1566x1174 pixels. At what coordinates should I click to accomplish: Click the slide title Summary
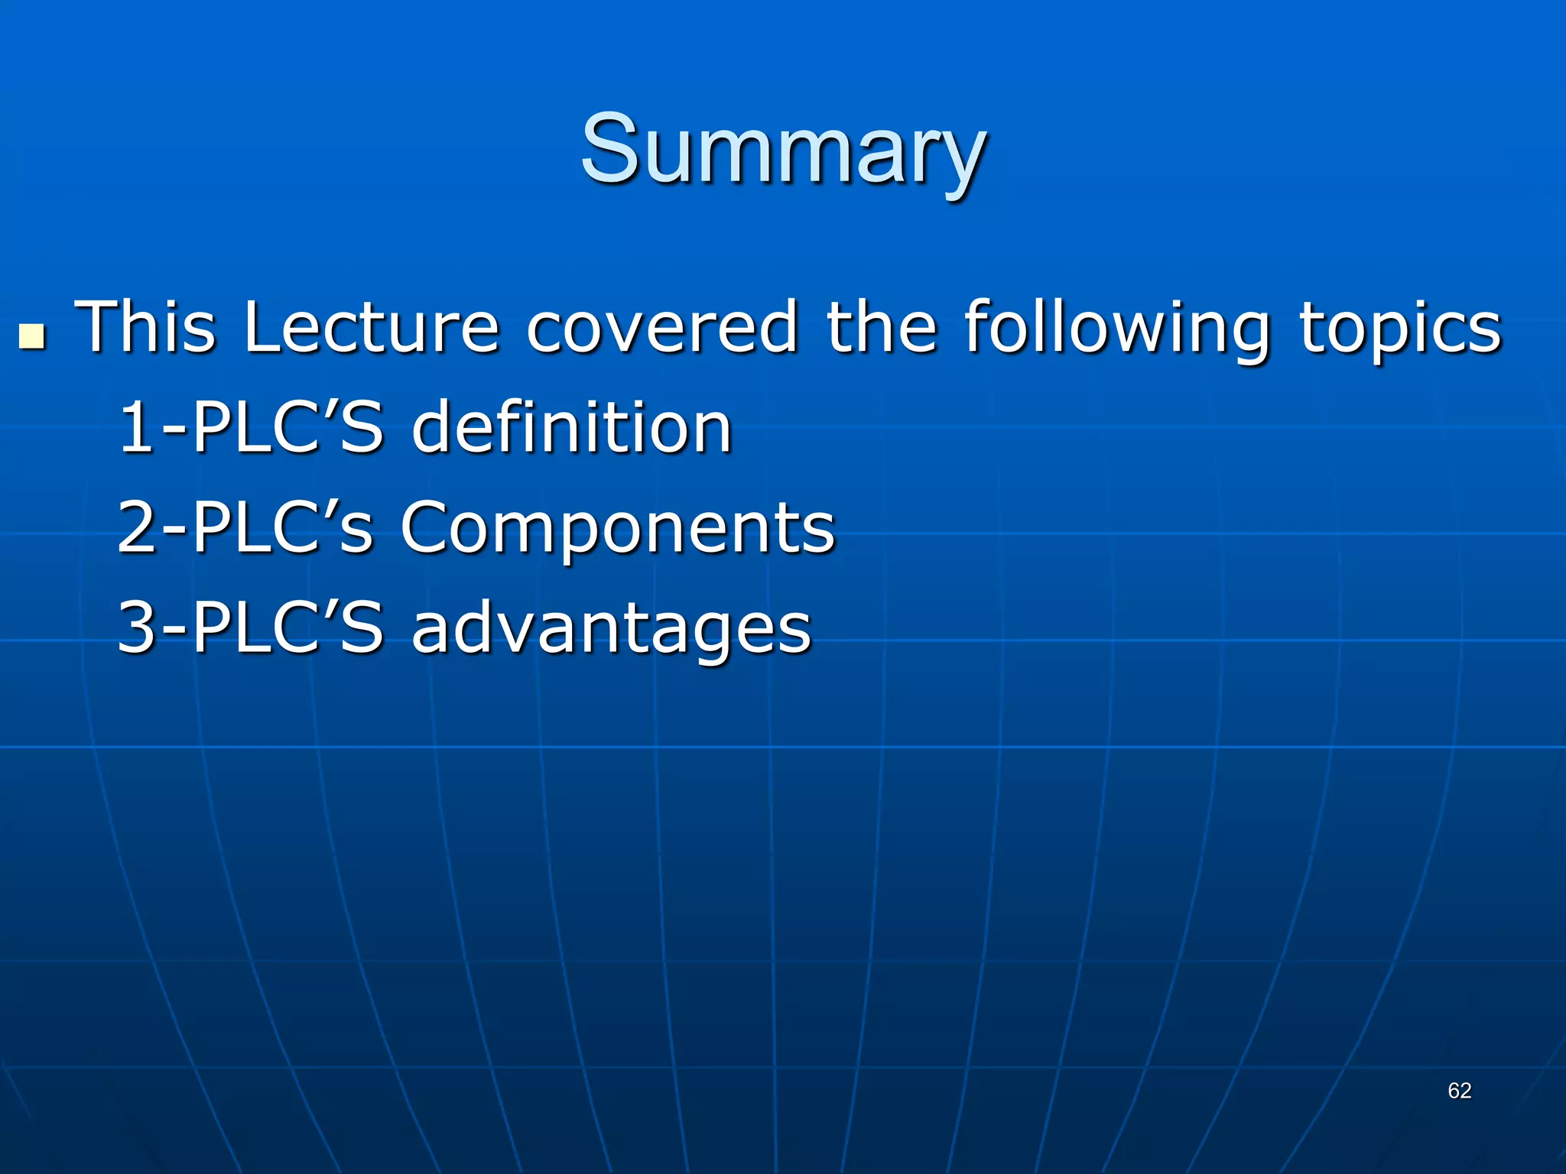point(782,149)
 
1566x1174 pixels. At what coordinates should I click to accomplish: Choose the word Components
point(618,529)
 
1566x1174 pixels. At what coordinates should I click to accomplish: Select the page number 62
point(1459,1091)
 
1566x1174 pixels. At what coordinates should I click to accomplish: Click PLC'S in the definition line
point(287,428)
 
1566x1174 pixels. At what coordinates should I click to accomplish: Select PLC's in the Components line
point(283,527)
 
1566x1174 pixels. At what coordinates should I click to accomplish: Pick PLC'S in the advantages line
point(287,628)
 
